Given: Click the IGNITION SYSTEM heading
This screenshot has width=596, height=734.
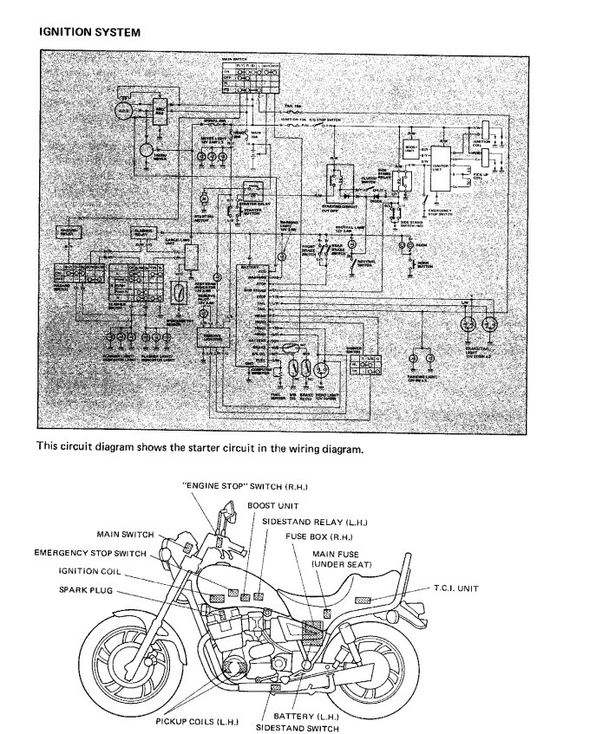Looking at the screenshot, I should tap(90, 32).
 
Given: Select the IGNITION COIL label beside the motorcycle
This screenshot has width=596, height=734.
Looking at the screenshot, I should tap(95, 571).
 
